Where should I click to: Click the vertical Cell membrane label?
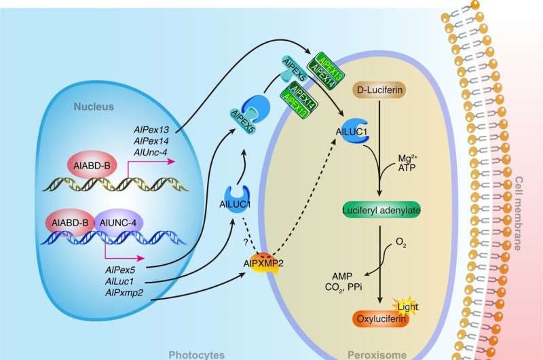point(519,211)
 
